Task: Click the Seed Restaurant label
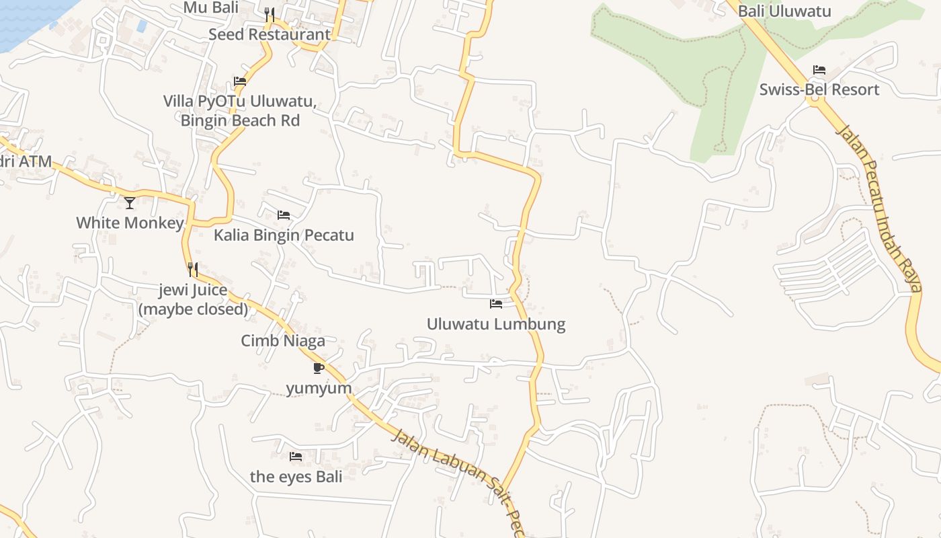pos(269,34)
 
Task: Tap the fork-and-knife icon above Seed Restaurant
pos(269,14)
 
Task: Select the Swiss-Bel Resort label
pos(819,89)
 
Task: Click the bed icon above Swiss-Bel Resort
pos(819,70)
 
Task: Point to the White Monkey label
pos(130,223)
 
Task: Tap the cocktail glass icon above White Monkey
pos(130,202)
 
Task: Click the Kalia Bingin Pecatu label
pos(284,235)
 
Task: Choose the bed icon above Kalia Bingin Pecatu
pos(284,215)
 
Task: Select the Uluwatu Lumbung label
pos(496,324)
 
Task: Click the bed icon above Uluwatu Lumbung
pos(496,304)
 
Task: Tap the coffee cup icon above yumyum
pos(319,368)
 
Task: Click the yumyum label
pos(319,389)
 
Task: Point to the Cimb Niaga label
pos(283,341)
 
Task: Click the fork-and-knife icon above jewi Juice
pos(193,270)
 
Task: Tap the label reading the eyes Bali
pos(296,477)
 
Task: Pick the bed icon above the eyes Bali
pos(295,457)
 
